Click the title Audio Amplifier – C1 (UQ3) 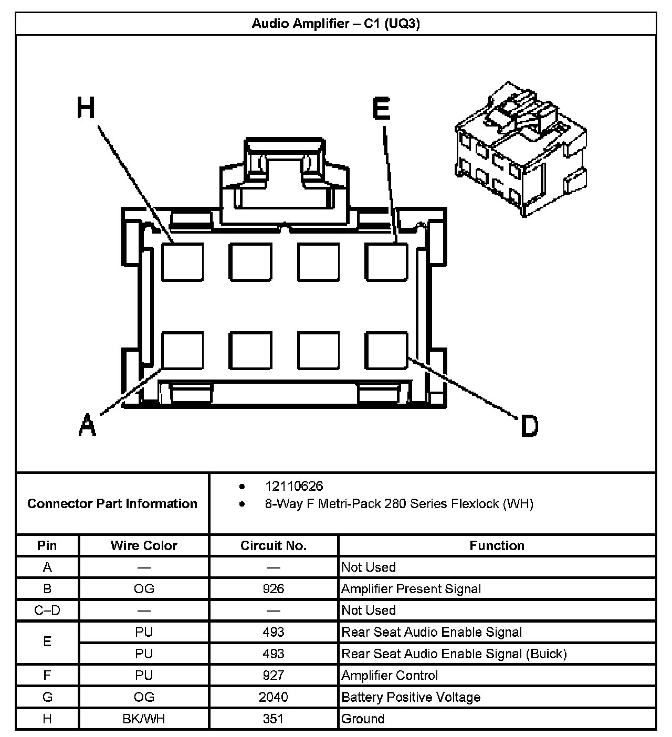pos(335,24)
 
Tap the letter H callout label pos(86,108)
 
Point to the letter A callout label pos(87,425)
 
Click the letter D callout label pos(529,426)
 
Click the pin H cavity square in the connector pos(182,261)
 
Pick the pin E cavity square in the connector pos(386,261)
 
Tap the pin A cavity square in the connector pos(182,350)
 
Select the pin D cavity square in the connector pos(386,350)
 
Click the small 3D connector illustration pos(520,150)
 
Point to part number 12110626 pos(294,486)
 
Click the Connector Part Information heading pos(112,503)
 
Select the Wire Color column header pos(144,545)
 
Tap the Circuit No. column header pos(274,545)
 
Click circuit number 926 pos(274,588)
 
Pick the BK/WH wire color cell pos(144,719)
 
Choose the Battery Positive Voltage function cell pos(411,697)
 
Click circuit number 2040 pos(274,697)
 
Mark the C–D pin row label pos(47,610)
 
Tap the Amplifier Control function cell pos(390,676)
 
